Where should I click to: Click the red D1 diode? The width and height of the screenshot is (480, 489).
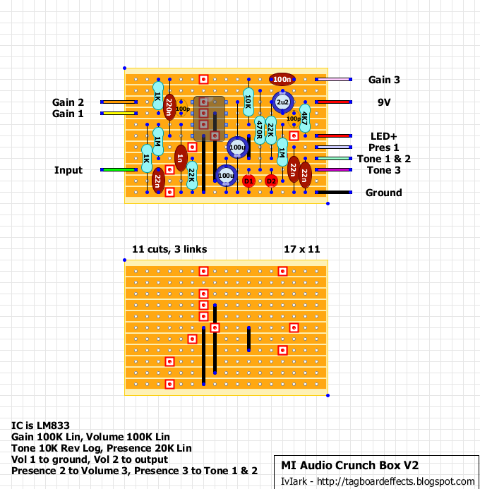(x=248, y=181)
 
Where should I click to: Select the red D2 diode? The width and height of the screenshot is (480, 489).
(x=271, y=181)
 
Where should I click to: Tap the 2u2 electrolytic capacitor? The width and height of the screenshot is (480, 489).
(x=282, y=103)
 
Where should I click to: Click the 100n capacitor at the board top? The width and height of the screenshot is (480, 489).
(x=282, y=80)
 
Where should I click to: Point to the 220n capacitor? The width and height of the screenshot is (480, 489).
(x=169, y=108)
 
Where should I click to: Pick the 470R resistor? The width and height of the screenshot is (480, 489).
(x=260, y=130)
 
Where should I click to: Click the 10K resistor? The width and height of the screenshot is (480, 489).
(x=248, y=102)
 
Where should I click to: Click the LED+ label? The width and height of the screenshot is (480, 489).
(x=384, y=136)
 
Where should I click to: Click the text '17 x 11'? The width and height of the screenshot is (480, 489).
(x=301, y=248)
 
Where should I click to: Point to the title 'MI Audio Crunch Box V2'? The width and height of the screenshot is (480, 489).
(x=350, y=465)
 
